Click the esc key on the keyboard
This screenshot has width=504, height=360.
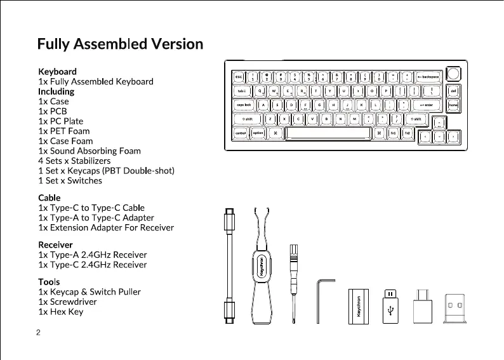(239, 76)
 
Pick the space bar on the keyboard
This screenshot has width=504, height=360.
(328, 133)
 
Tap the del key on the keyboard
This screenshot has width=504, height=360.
(453, 90)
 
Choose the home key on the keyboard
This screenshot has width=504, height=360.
(453, 105)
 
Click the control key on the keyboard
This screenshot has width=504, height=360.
(241, 133)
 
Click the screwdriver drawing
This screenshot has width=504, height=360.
(293, 286)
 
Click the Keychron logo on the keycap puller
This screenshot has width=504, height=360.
(260, 269)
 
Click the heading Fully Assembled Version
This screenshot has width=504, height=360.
(120, 44)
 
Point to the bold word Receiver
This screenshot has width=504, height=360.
(55, 244)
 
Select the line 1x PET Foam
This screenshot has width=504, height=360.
(64, 131)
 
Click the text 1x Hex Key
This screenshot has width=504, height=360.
(60, 312)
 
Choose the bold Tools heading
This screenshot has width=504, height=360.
(49, 281)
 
